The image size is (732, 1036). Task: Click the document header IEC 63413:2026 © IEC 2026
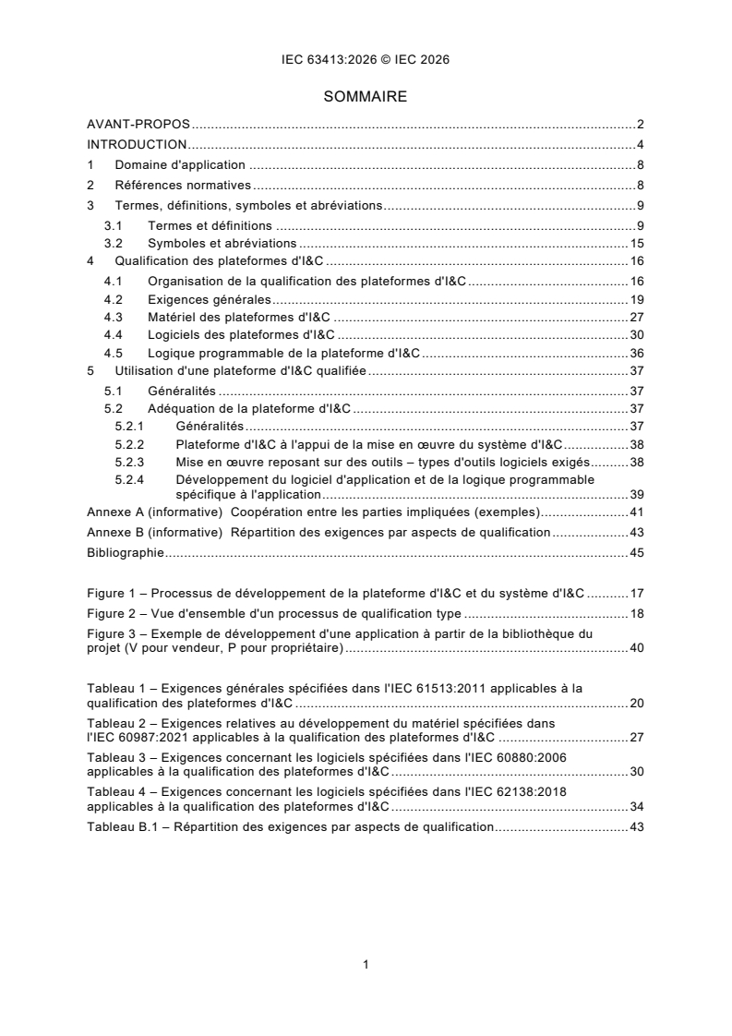click(x=366, y=60)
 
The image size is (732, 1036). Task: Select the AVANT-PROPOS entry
click(x=138, y=124)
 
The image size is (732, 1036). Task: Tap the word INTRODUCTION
click(x=137, y=144)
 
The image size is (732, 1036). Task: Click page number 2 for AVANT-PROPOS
click(x=640, y=124)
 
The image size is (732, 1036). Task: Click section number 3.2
click(x=113, y=244)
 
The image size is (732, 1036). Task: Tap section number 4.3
click(x=113, y=319)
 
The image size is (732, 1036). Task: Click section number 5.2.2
click(x=130, y=443)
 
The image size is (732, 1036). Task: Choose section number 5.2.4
click(x=130, y=480)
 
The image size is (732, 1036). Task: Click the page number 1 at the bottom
click(x=366, y=965)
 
